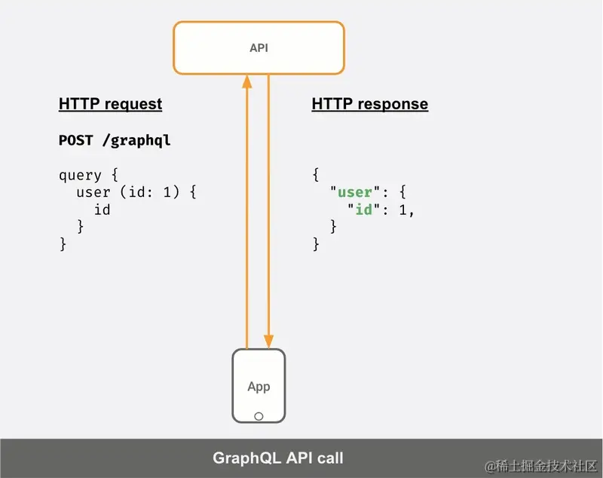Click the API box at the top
click(x=259, y=47)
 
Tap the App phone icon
click(x=259, y=385)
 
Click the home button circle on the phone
click(x=259, y=415)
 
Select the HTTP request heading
click(x=110, y=104)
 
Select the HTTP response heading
click(x=369, y=104)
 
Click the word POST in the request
click(x=76, y=141)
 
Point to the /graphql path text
click(x=136, y=141)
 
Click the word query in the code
click(x=80, y=175)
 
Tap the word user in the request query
click(x=93, y=192)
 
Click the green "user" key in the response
click(x=354, y=192)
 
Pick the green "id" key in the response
click(x=364, y=210)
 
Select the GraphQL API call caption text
click(x=278, y=458)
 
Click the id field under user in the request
click(x=102, y=210)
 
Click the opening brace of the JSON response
click(x=316, y=175)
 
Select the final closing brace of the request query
click(x=63, y=244)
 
